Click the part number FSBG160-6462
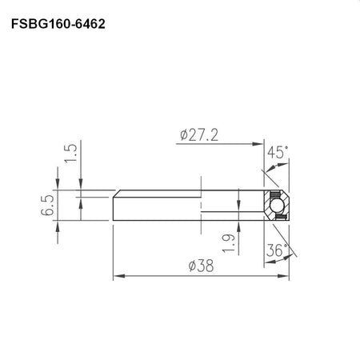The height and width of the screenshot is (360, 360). click(58, 24)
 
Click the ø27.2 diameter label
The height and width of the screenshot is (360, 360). click(199, 135)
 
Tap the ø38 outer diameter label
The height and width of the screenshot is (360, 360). click(201, 266)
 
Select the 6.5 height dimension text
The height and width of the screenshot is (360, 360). click(48, 205)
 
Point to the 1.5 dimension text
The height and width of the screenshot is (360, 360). click(70, 154)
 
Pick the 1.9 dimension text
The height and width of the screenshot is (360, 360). click(229, 243)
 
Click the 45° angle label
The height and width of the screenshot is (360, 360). click(278, 152)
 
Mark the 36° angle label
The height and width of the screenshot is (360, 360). click(277, 250)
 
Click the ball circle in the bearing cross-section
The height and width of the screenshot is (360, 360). click(277, 206)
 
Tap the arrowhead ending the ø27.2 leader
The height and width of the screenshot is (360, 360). click(258, 144)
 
